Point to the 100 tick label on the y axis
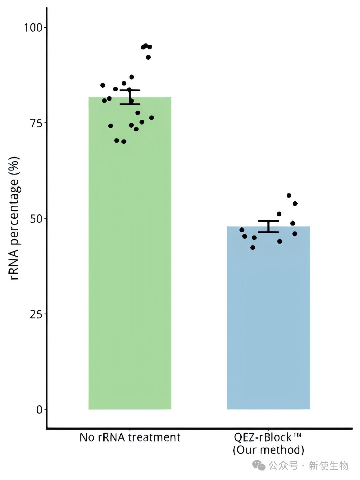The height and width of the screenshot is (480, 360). (x=32, y=28)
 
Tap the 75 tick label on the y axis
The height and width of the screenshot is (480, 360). (x=36, y=123)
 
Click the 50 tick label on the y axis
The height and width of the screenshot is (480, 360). (x=36, y=219)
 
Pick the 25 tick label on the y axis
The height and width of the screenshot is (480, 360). (x=36, y=314)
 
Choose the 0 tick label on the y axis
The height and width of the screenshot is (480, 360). (x=40, y=410)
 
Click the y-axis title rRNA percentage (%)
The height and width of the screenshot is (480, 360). (x=14, y=218)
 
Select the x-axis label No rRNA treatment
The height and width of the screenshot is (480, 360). (x=130, y=437)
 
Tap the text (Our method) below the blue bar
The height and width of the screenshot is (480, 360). (x=268, y=450)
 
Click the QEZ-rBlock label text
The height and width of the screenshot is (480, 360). (x=263, y=437)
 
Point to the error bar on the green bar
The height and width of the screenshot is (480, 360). (x=130, y=97)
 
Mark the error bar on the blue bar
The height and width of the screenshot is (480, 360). (x=268, y=226)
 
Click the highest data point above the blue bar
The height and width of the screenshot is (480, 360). (x=289, y=195)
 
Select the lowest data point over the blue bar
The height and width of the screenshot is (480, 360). (x=253, y=248)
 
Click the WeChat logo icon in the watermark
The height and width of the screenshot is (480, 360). (x=259, y=465)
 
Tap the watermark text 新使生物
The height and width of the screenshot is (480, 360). (x=328, y=465)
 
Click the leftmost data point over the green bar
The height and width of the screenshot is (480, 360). (x=103, y=85)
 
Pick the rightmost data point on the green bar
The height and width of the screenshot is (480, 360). (x=152, y=117)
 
